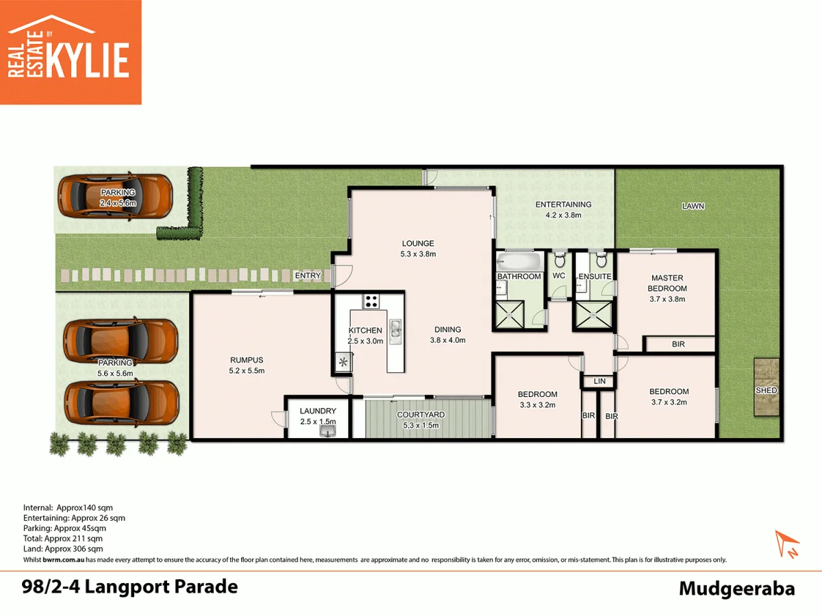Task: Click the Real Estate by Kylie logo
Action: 71,52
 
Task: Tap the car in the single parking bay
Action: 114,196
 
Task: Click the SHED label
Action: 766,390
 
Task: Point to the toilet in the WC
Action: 560,261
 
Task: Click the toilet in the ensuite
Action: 601,261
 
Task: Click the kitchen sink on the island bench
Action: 395,331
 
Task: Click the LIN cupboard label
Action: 599,381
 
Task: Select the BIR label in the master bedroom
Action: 678,344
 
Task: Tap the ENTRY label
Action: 308,276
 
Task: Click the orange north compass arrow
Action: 786,543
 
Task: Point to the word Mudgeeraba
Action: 736,589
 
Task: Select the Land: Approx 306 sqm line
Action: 63,549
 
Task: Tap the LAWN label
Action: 693,206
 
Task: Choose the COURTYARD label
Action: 421,415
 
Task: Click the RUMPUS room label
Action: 247,360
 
